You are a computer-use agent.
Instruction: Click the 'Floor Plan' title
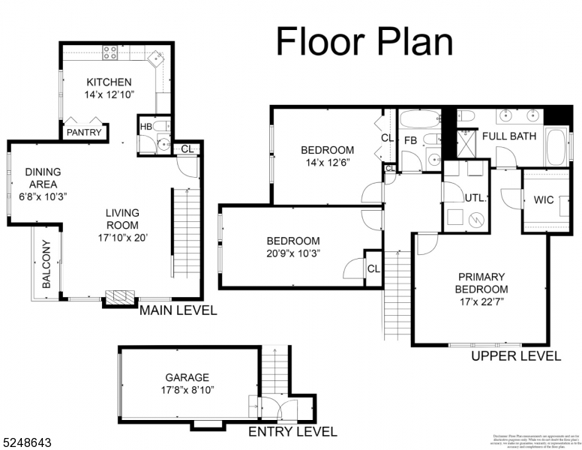point(364,42)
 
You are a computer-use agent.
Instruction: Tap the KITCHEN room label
point(109,82)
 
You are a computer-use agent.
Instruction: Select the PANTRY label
point(83,133)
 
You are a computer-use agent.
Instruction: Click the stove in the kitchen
point(110,52)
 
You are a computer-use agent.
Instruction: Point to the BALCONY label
point(46,264)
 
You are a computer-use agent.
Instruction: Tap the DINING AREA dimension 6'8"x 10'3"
point(43,196)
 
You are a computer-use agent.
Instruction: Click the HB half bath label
point(146,127)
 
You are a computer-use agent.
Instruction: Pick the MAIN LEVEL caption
point(178,310)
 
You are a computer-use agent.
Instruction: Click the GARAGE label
point(187,377)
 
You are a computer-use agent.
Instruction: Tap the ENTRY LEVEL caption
point(292,431)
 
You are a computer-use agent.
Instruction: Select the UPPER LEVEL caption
point(516,356)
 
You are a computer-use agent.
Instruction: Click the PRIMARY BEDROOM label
point(481,283)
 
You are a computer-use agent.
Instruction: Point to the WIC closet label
point(544,201)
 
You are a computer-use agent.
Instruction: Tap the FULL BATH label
point(509,136)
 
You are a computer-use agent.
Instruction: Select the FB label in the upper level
point(410,140)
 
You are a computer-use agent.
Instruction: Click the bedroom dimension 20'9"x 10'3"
point(293,253)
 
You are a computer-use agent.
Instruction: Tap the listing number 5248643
point(27,443)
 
